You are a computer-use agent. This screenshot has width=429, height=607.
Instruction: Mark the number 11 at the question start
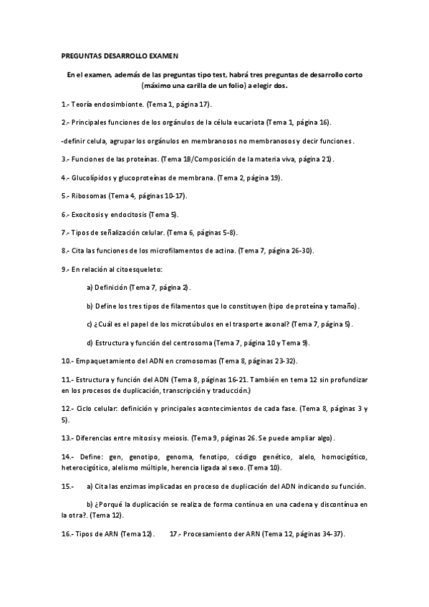pos(66,379)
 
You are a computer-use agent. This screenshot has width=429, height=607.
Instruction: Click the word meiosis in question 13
pos(174,437)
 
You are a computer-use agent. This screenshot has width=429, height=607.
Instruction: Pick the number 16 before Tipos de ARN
pos(66,533)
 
